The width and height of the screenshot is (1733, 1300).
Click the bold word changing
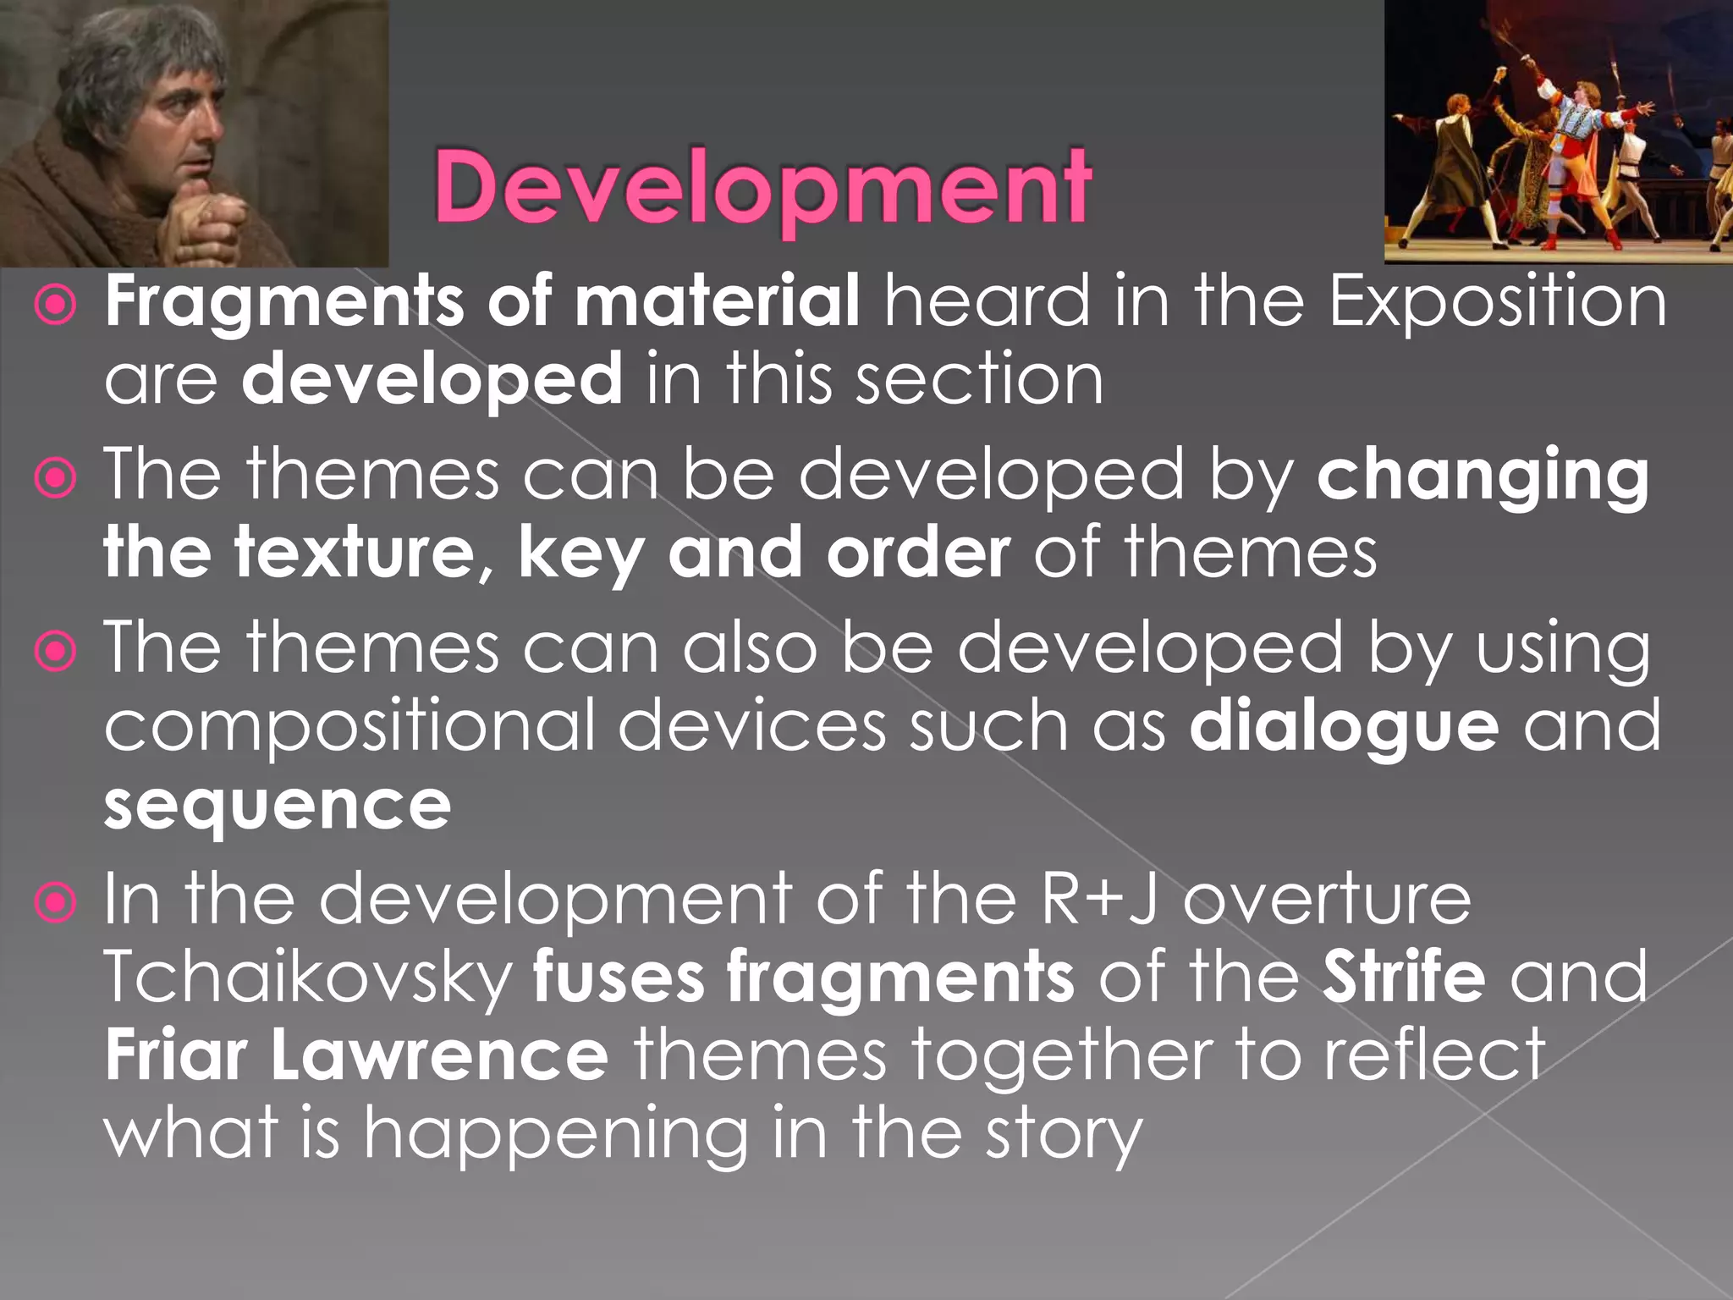(x=1483, y=476)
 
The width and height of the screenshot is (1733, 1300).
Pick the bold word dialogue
(x=1344, y=725)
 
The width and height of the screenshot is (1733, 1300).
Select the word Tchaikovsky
(x=308, y=977)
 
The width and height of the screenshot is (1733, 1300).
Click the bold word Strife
(x=1404, y=977)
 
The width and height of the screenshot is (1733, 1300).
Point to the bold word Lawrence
(x=439, y=1055)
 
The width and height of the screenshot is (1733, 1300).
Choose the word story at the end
(x=1064, y=1134)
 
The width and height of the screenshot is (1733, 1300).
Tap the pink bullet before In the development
(x=57, y=903)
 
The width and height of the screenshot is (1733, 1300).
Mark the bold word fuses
(x=618, y=977)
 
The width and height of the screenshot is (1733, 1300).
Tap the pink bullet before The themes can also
(x=57, y=652)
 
